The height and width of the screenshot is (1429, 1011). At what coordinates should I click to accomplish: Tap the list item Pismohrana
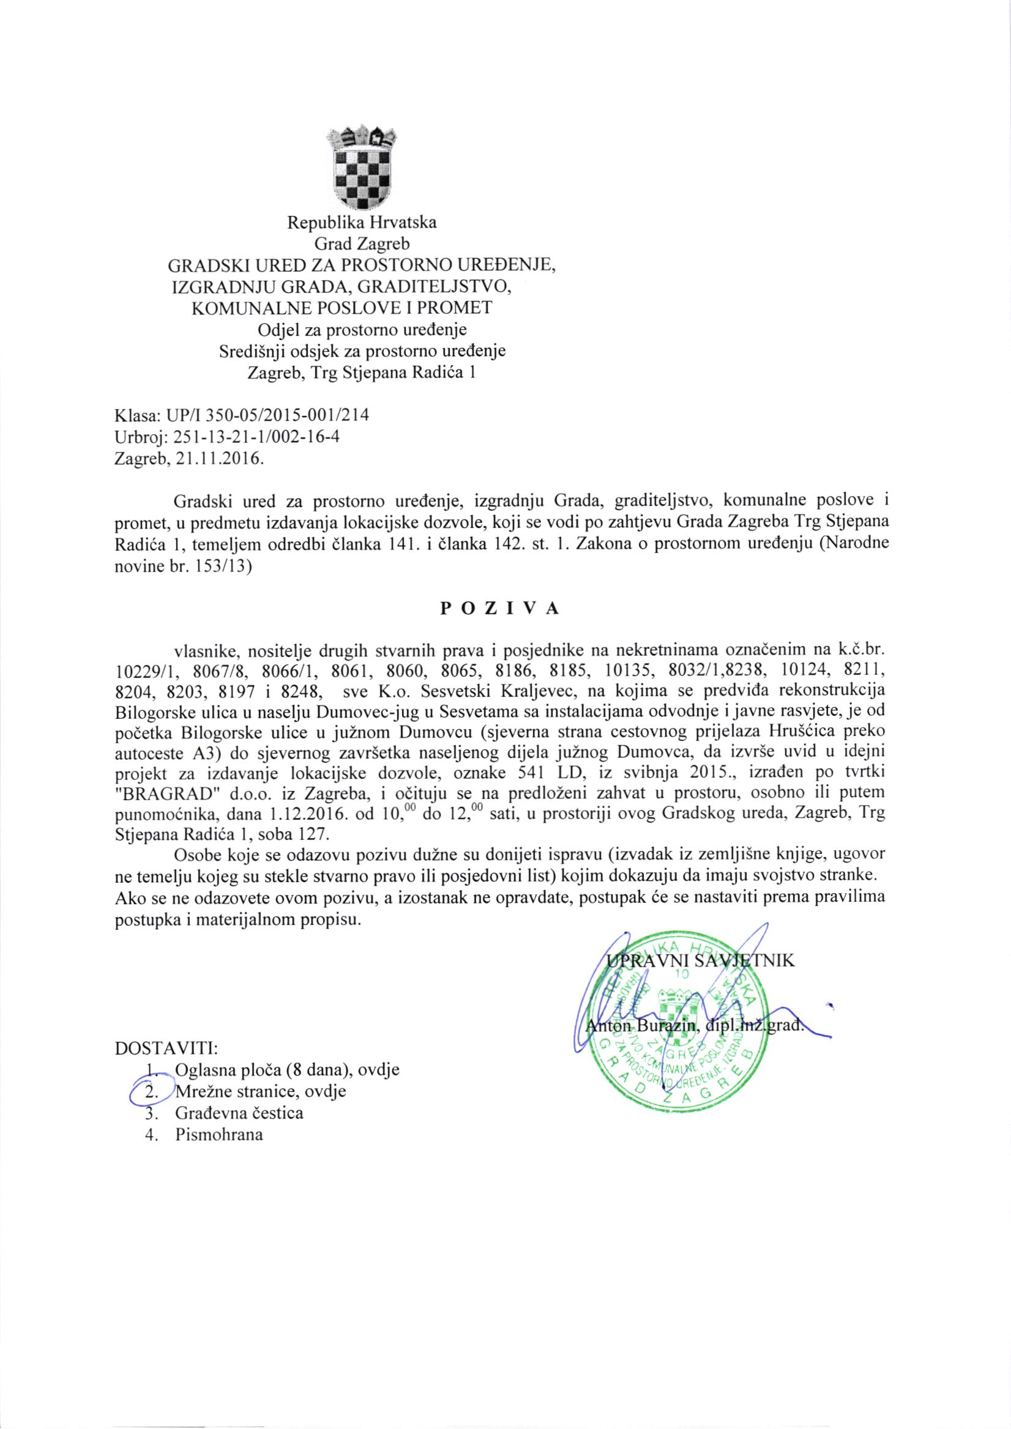220,1135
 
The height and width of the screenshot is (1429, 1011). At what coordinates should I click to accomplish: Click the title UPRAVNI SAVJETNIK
700,961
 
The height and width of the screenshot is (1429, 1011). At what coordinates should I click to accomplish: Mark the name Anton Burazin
641,1025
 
